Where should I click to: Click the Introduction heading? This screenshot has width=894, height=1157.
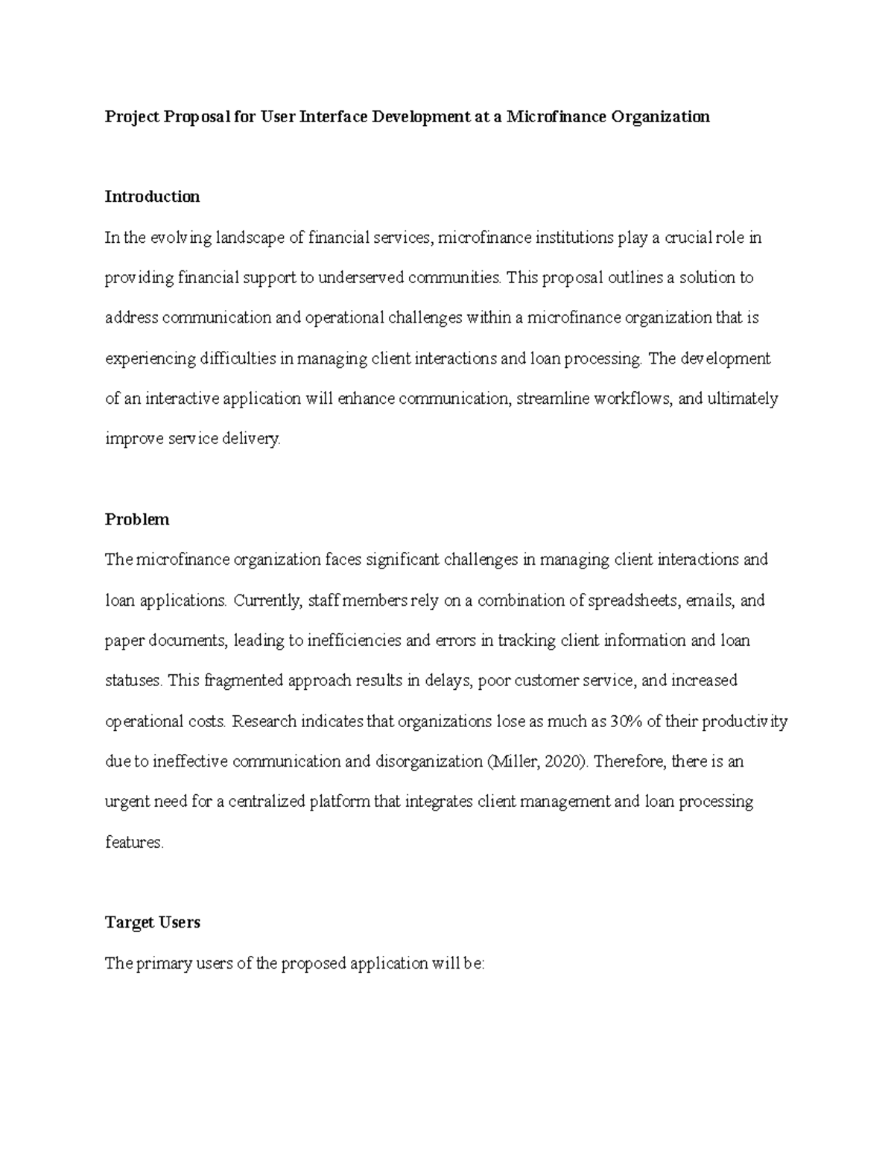[152, 197]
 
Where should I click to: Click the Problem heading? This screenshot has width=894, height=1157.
[137, 519]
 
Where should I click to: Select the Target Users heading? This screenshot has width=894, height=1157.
[152, 922]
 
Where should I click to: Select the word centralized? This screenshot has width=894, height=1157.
[267, 802]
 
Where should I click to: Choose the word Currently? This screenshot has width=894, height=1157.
[267, 600]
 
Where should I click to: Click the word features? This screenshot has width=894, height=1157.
[133, 843]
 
